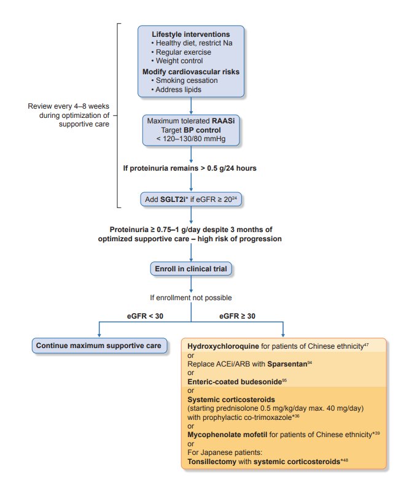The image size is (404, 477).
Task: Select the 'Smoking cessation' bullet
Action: pos(185,80)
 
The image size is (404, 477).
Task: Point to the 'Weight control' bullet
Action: pos(180,61)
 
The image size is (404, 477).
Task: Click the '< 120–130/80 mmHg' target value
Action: pos(192,139)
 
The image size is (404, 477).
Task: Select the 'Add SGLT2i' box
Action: pos(192,200)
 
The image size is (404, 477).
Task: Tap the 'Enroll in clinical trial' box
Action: pos(192,268)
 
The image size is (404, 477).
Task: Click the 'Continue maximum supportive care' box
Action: pos(99,346)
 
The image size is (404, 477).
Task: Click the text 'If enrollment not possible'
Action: pos(192,298)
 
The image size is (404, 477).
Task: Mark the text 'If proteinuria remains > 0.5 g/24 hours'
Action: pos(192,168)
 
